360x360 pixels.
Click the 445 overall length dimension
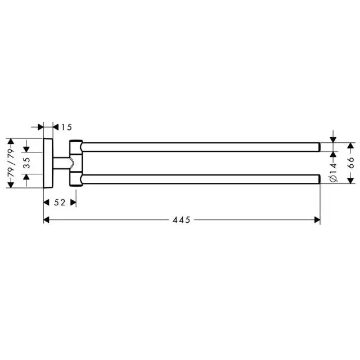pyautogui.click(x=181, y=220)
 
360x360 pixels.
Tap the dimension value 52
pyautogui.click(x=60, y=202)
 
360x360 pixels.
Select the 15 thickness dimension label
pyautogui.click(x=66, y=127)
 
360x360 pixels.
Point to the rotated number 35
pyautogui.click(x=27, y=163)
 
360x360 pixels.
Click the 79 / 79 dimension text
pyautogui.click(x=11, y=163)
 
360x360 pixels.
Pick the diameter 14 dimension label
pyautogui.click(x=333, y=172)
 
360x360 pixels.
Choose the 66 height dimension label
pyautogui.click(x=350, y=163)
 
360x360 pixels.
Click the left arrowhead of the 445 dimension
pyautogui.click(x=46, y=220)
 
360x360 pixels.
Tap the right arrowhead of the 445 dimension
pyautogui.click(x=317, y=220)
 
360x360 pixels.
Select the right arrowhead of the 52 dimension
pyautogui.click(x=73, y=202)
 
